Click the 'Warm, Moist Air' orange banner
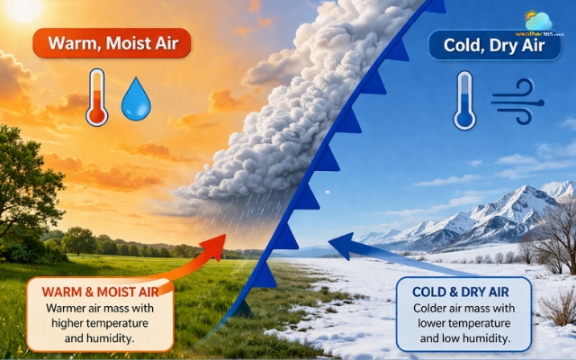pyautogui.click(x=112, y=42)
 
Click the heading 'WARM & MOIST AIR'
pyautogui.click(x=99, y=291)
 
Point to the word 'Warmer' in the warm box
pyautogui.click(x=58, y=308)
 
